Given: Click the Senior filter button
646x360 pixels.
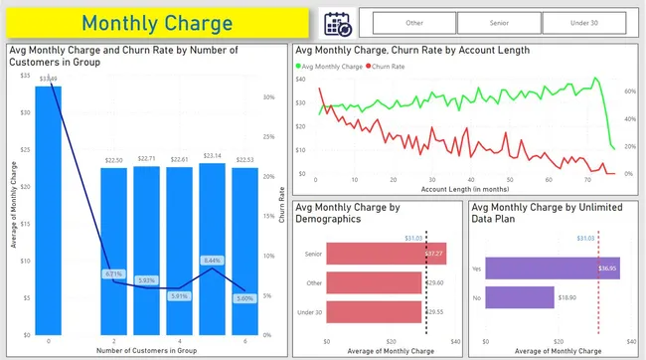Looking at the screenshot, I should click(x=499, y=23).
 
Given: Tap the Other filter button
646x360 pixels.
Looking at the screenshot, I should click(x=412, y=23).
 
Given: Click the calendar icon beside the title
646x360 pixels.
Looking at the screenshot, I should click(x=338, y=23).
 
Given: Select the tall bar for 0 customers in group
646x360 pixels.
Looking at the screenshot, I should click(x=48, y=209).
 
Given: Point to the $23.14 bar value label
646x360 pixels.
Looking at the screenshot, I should click(x=211, y=156).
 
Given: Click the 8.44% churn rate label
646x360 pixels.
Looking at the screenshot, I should click(x=211, y=261).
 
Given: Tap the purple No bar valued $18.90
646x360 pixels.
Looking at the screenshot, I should click(x=527, y=296).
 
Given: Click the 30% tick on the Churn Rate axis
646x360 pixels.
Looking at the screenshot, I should click(x=268, y=97).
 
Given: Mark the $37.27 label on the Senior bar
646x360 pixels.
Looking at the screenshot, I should click(x=433, y=255).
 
